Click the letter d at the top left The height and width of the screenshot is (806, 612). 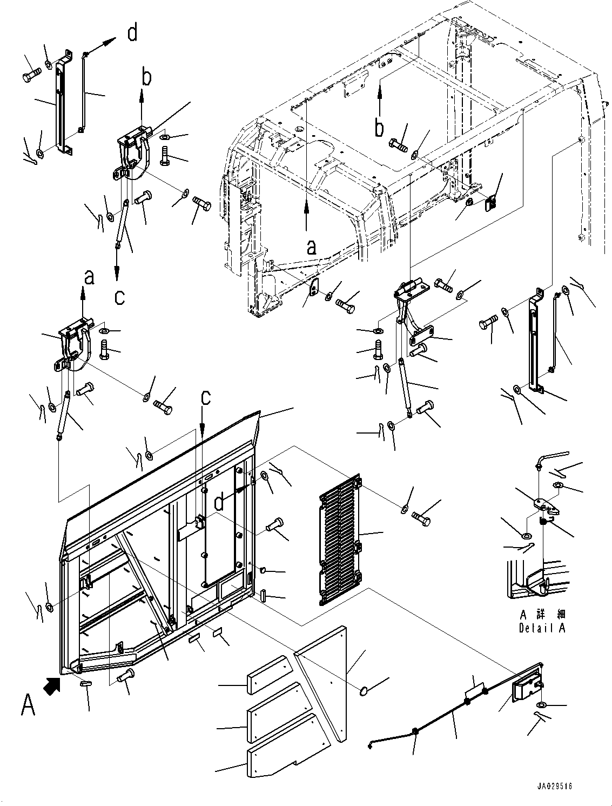(x=132, y=34)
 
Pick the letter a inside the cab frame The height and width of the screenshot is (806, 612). (x=311, y=248)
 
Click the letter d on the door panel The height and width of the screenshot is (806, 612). (x=219, y=502)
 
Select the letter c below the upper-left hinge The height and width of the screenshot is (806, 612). (x=119, y=297)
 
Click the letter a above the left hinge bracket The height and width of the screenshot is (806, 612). (x=89, y=277)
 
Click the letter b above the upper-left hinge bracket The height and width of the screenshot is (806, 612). (x=146, y=78)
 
